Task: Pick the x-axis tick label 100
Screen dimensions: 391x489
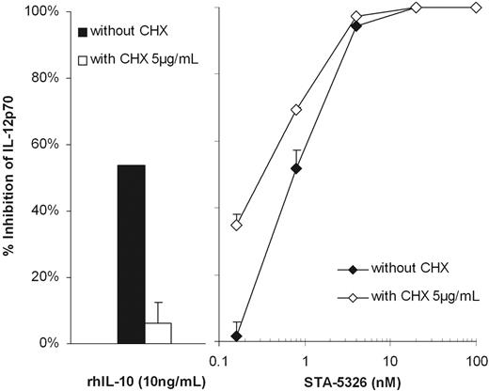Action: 475,361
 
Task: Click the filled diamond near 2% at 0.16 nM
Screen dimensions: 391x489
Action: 236,336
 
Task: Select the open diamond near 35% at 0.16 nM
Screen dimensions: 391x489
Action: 236,226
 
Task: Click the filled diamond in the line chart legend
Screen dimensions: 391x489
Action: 353,270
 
